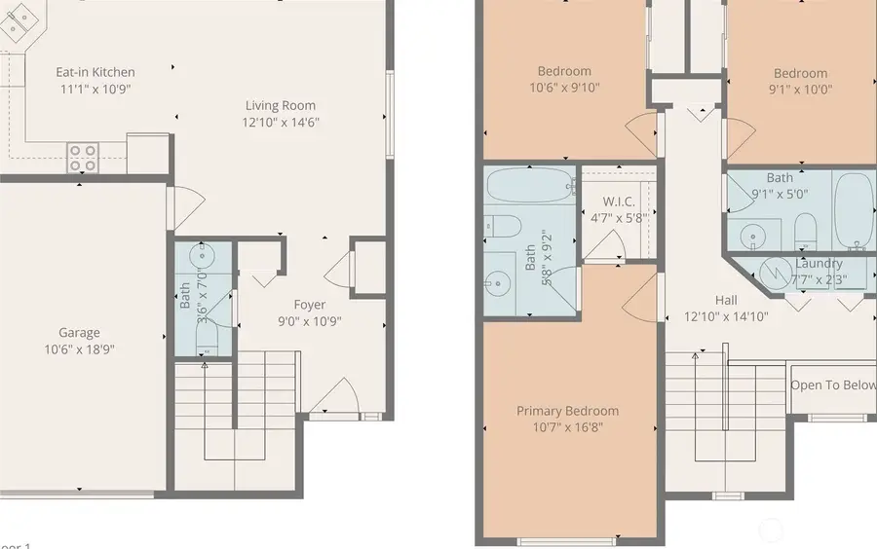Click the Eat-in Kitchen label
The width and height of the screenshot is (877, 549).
pos(95,72)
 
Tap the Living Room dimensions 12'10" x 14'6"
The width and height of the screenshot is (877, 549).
pos(280,123)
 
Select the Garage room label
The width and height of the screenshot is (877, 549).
pos(78,333)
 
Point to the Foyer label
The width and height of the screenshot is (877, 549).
pos(310,305)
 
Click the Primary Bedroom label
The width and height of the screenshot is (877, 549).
pos(567,411)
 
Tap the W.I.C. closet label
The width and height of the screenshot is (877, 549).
pos(613,201)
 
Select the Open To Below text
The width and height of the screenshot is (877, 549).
pos(833,384)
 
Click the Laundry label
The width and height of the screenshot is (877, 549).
pos(819,264)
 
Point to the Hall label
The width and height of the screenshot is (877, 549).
pos(725,300)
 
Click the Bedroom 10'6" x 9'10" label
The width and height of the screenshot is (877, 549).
pos(564,71)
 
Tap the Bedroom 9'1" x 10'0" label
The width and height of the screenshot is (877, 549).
pos(800,73)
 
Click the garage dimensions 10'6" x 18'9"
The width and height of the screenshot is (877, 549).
pos(78,349)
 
